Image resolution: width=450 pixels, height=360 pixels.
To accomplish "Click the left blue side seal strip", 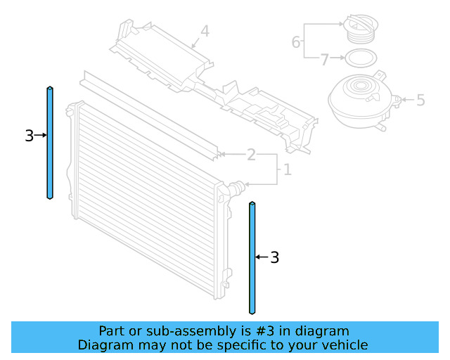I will point(50,143).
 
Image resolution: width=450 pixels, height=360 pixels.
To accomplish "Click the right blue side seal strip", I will point(252,257).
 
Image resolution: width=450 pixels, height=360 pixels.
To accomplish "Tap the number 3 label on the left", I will point(29,136).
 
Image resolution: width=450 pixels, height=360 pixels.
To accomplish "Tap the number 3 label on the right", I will point(275,258).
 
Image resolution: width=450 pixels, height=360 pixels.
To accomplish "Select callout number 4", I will point(205,32).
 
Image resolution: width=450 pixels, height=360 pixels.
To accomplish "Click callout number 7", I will point(324,60).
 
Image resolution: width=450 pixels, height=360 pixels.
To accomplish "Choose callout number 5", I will point(420,101).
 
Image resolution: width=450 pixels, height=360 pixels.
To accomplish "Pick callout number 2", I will point(250,155).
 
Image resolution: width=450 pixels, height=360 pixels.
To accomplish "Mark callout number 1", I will point(286,169).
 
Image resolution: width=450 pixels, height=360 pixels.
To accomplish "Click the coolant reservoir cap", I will point(360,30).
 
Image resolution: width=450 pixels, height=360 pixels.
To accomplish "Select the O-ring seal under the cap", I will point(359,58).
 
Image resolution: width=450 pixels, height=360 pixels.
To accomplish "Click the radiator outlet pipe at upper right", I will point(236,188).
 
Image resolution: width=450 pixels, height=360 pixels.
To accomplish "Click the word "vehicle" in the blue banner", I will point(344,345).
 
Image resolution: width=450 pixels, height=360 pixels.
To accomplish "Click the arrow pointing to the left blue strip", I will point(40,135).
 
